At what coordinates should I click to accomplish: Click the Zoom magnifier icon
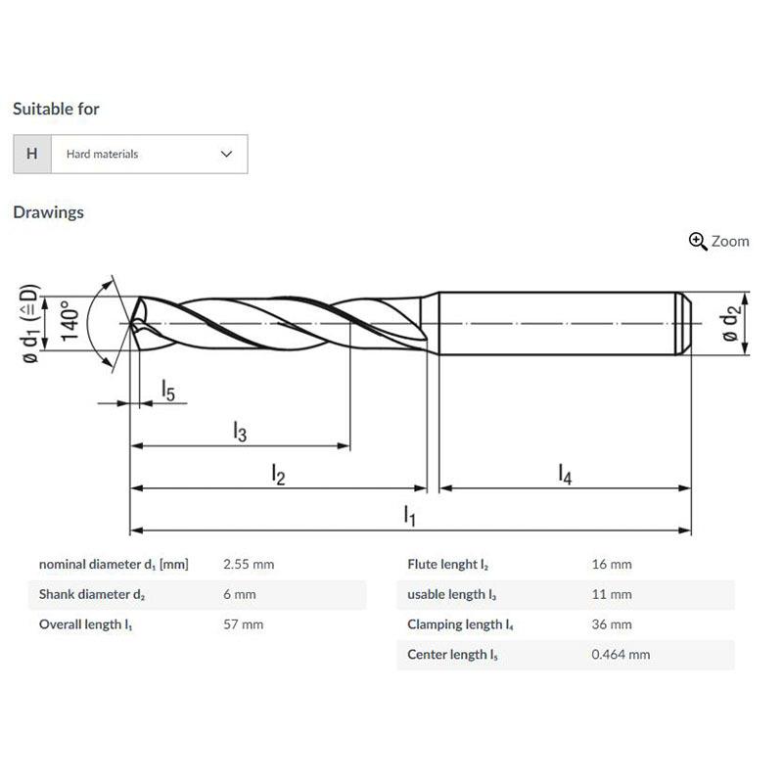click(698, 241)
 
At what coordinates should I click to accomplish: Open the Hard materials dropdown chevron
click(226, 154)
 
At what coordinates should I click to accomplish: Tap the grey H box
click(32, 154)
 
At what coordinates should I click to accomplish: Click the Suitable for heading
click(56, 109)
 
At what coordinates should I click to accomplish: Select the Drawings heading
click(48, 212)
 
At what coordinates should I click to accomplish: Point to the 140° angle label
click(69, 320)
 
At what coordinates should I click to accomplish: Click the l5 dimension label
click(168, 390)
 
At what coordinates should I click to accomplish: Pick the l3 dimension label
click(240, 432)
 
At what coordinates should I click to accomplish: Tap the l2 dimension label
click(278, 475)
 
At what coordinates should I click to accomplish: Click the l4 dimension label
click(565, 474)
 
